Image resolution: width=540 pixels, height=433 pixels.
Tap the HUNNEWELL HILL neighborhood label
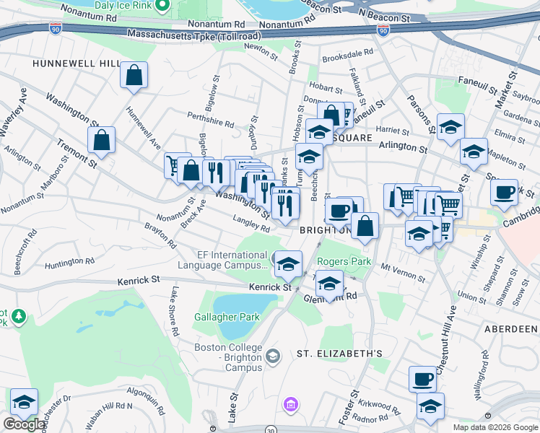75,64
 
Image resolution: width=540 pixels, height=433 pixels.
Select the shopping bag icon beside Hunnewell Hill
134,75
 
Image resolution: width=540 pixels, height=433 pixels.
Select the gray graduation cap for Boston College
273,355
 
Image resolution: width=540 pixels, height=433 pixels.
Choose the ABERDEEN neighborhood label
514,327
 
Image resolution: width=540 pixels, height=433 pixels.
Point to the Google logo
24,424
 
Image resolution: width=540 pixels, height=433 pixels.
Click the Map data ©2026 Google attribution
495,427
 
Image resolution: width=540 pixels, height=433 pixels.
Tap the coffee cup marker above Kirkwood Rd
422,377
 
